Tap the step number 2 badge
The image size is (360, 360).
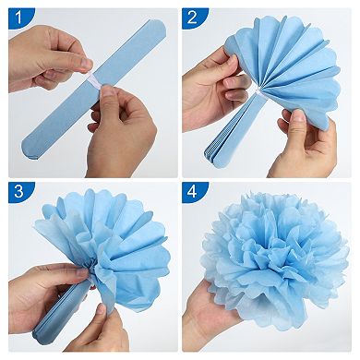pyautogui.click(x=192, y=16)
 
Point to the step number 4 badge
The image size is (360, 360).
pyautogui.click(x=192, y=193)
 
